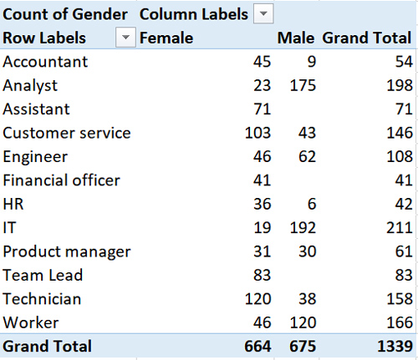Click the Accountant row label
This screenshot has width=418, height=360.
coord(45,62)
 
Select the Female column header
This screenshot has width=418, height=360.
coord(166,38)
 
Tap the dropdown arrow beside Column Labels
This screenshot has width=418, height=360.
coord(263,14)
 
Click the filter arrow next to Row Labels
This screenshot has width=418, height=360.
coord(126,38)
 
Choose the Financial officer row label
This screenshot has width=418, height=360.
coord(62,180)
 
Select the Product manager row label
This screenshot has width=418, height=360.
coord(66,251)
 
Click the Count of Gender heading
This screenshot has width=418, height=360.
coord(65,14)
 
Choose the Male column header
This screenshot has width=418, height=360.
coord(296,38)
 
